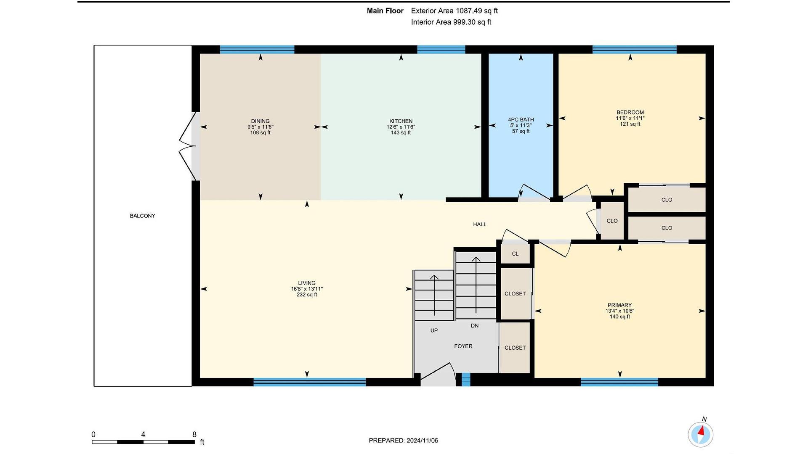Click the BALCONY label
pos(142,216)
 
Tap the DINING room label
pos(260,121)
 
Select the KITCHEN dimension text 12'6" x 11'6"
pos(401,127)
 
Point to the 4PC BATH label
pos(521,120)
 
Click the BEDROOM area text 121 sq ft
pos(630,124)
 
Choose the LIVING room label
pos(307,283)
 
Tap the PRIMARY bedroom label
pos(619,305)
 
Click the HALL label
pos(480,224)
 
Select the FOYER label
pos(463,346)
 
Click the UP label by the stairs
pos(434,330)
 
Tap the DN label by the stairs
pos(475,326)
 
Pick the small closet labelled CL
pos(515,254)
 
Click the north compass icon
pos(701,433)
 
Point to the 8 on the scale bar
pos(194,435)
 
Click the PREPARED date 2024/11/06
pos(422,441)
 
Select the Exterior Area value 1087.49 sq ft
pos(477,11)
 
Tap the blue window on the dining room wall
pos(257,49)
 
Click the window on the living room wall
pos(310,382)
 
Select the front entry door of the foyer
pos(438,374)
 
